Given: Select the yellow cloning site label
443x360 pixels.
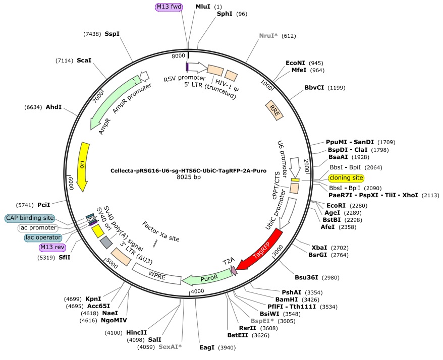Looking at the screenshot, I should [x=346, y=178].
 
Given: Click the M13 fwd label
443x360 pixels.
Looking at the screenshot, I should [x=168, y=7].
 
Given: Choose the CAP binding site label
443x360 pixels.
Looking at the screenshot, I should [x=30, y=218].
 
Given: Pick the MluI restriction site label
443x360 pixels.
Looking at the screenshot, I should [x=203, y=7].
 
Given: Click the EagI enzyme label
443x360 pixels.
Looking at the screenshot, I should [x=207, y=347].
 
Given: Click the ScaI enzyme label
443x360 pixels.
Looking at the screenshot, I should [x=84, y=61].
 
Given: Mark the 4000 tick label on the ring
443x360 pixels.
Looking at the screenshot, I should [x=197, y=291].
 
